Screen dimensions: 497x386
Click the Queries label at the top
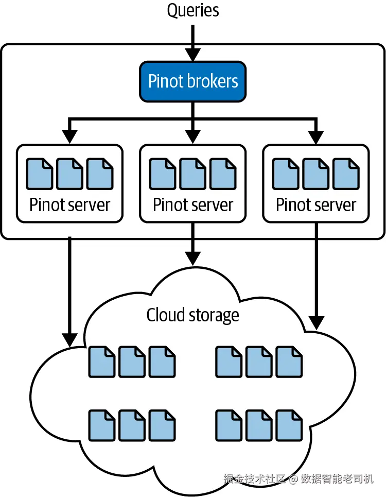(193, 10)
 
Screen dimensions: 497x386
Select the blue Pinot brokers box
(193, 81)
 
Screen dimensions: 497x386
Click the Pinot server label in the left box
(69, 204)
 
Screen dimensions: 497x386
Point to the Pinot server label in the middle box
(193, 204)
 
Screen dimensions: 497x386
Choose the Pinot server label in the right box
(316, 204)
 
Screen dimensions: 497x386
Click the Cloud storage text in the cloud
(193, 315)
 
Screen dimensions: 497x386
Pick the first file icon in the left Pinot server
(40, 174)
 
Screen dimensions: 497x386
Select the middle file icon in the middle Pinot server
(193, 174)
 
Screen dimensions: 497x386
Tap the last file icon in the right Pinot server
(346, 174)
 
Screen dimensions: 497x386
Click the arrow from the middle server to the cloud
(193, 245)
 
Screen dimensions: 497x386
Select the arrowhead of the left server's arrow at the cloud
(69, 339)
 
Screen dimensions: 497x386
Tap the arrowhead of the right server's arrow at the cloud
(316, 322)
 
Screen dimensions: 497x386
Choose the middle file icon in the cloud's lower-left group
(132, 425)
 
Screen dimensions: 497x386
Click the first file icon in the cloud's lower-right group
(229, 425)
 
